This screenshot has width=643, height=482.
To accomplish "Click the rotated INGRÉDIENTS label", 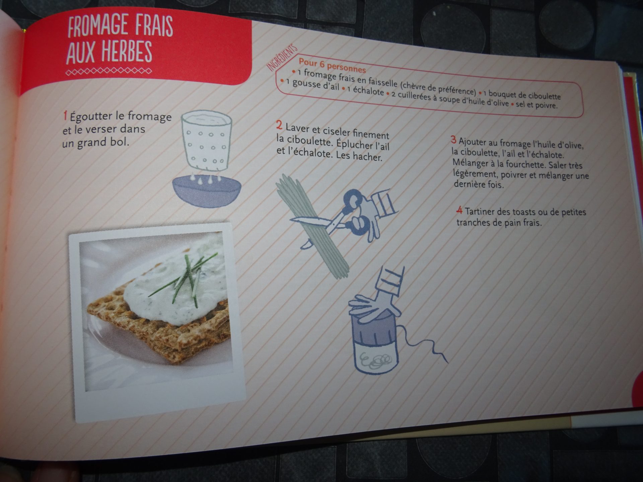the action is coord(282,58).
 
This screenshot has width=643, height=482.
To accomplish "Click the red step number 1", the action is coord(65,116).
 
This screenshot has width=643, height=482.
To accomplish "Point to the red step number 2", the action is coord(279,125).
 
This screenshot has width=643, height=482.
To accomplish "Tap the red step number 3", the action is coord(454,140).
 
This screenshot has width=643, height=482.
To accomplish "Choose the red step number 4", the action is coord(459,211).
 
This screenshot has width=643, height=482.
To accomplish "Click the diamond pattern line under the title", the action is coord(109,72).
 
